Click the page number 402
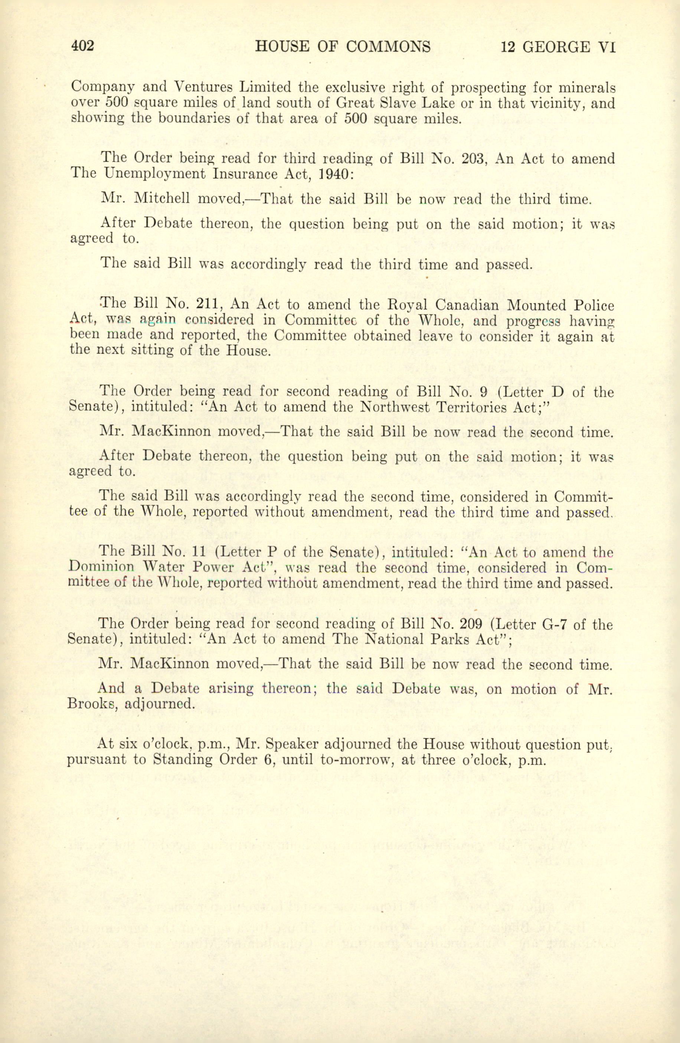click(83, 46)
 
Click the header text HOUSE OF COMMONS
click(342, 46)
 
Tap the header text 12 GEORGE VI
click(558, 46)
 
